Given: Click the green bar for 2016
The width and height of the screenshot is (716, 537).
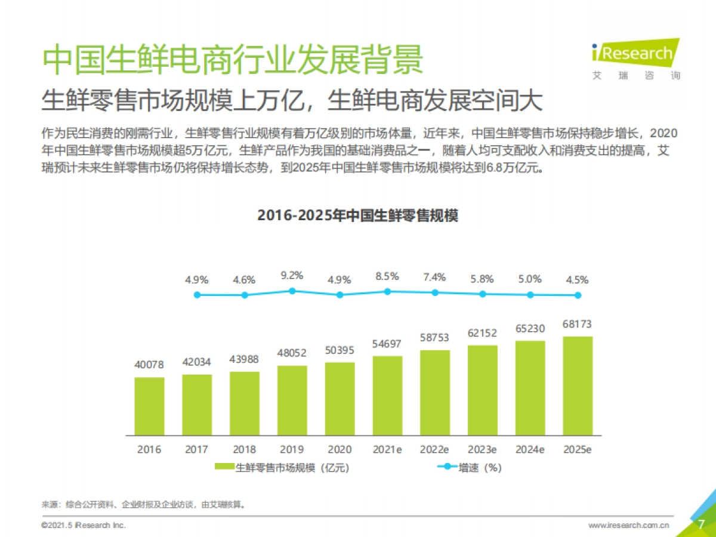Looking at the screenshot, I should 149,406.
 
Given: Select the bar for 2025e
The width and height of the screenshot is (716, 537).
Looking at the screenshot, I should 578,386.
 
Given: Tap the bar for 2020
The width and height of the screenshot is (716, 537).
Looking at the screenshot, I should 340,399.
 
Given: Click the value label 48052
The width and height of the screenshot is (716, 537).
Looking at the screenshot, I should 292,353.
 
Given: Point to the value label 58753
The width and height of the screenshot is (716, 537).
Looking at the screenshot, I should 435,337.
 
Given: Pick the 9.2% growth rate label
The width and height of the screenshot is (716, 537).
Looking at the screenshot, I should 292,275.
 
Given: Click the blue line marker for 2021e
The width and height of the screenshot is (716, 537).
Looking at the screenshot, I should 387,291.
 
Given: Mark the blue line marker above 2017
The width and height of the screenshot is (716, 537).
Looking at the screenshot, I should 196,294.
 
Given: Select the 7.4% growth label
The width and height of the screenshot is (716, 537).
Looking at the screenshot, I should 435,277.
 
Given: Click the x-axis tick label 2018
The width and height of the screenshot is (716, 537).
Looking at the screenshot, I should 244,449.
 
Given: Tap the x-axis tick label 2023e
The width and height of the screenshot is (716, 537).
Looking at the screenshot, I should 482,449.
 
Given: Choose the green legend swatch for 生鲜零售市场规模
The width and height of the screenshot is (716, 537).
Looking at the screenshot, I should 224,468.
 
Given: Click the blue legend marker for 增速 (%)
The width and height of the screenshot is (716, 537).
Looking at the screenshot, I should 446,468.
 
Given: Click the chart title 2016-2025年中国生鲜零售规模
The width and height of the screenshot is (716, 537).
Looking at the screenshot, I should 357,215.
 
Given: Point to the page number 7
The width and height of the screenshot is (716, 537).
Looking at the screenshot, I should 702,524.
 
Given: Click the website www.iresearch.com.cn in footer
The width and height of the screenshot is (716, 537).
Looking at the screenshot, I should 628,526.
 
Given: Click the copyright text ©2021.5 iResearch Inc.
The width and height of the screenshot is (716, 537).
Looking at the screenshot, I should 84,526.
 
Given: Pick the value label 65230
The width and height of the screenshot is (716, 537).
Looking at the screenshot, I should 530,329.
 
